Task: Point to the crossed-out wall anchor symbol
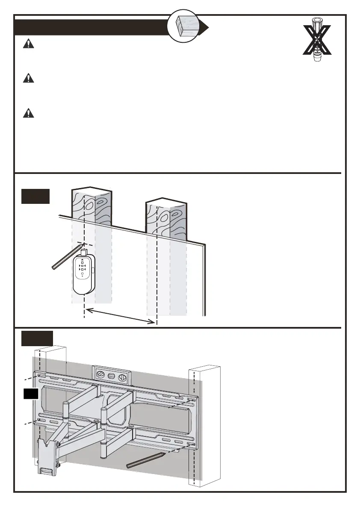[x=317, y=40]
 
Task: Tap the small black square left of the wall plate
[x=31, y=394]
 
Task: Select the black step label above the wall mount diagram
[x=37, y=338]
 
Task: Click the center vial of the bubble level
[x=112, y=377]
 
